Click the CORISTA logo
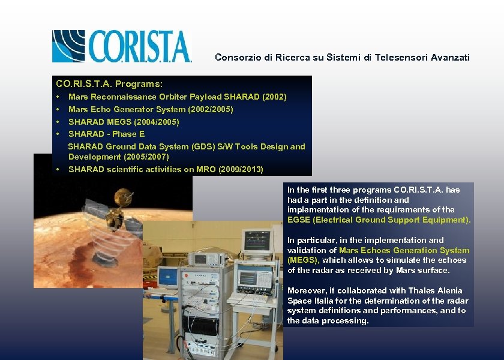pos(122,46)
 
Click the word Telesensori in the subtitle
pos(394,58)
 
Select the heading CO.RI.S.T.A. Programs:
pos(109,83)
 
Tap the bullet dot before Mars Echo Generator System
pos(57,109)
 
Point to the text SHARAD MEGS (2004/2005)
pos(124,122)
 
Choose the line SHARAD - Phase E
pos(106,134)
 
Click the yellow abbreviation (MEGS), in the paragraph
pos(304,260)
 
